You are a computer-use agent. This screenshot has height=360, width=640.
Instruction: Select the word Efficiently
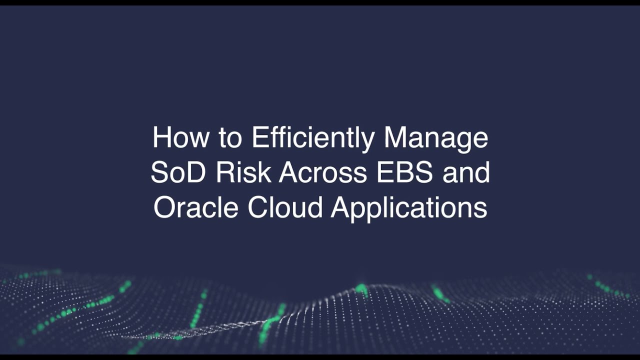pyautogui.click(x=312, y=138)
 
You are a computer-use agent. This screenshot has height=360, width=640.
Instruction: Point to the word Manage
pyautogui.click(x=436, y=138)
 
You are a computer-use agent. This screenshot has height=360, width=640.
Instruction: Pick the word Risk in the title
pyautogui.click(x=244, y=172)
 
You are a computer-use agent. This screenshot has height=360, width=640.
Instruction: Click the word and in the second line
pyautogui.click(x=466, y=172)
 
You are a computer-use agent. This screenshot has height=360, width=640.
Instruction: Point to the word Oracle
pyautogui.click(x=196, y=207)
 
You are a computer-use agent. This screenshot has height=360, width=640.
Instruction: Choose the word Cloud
pyautogui.click(x=285, y=207)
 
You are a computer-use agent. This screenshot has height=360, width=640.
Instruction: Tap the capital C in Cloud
pyautogui.click(x=258, y=207)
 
